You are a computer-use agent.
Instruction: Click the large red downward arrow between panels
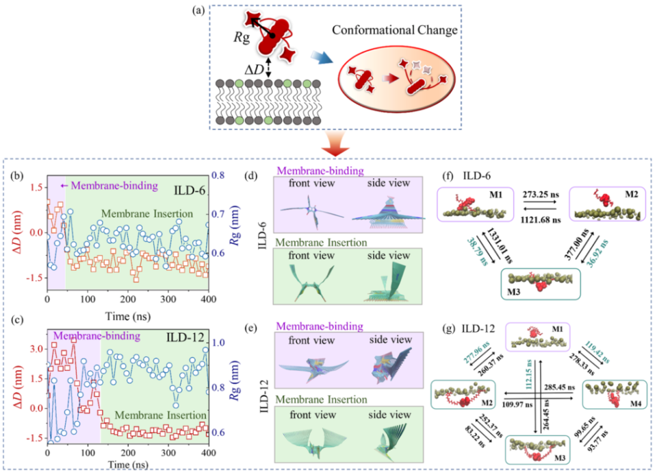(330, 145)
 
